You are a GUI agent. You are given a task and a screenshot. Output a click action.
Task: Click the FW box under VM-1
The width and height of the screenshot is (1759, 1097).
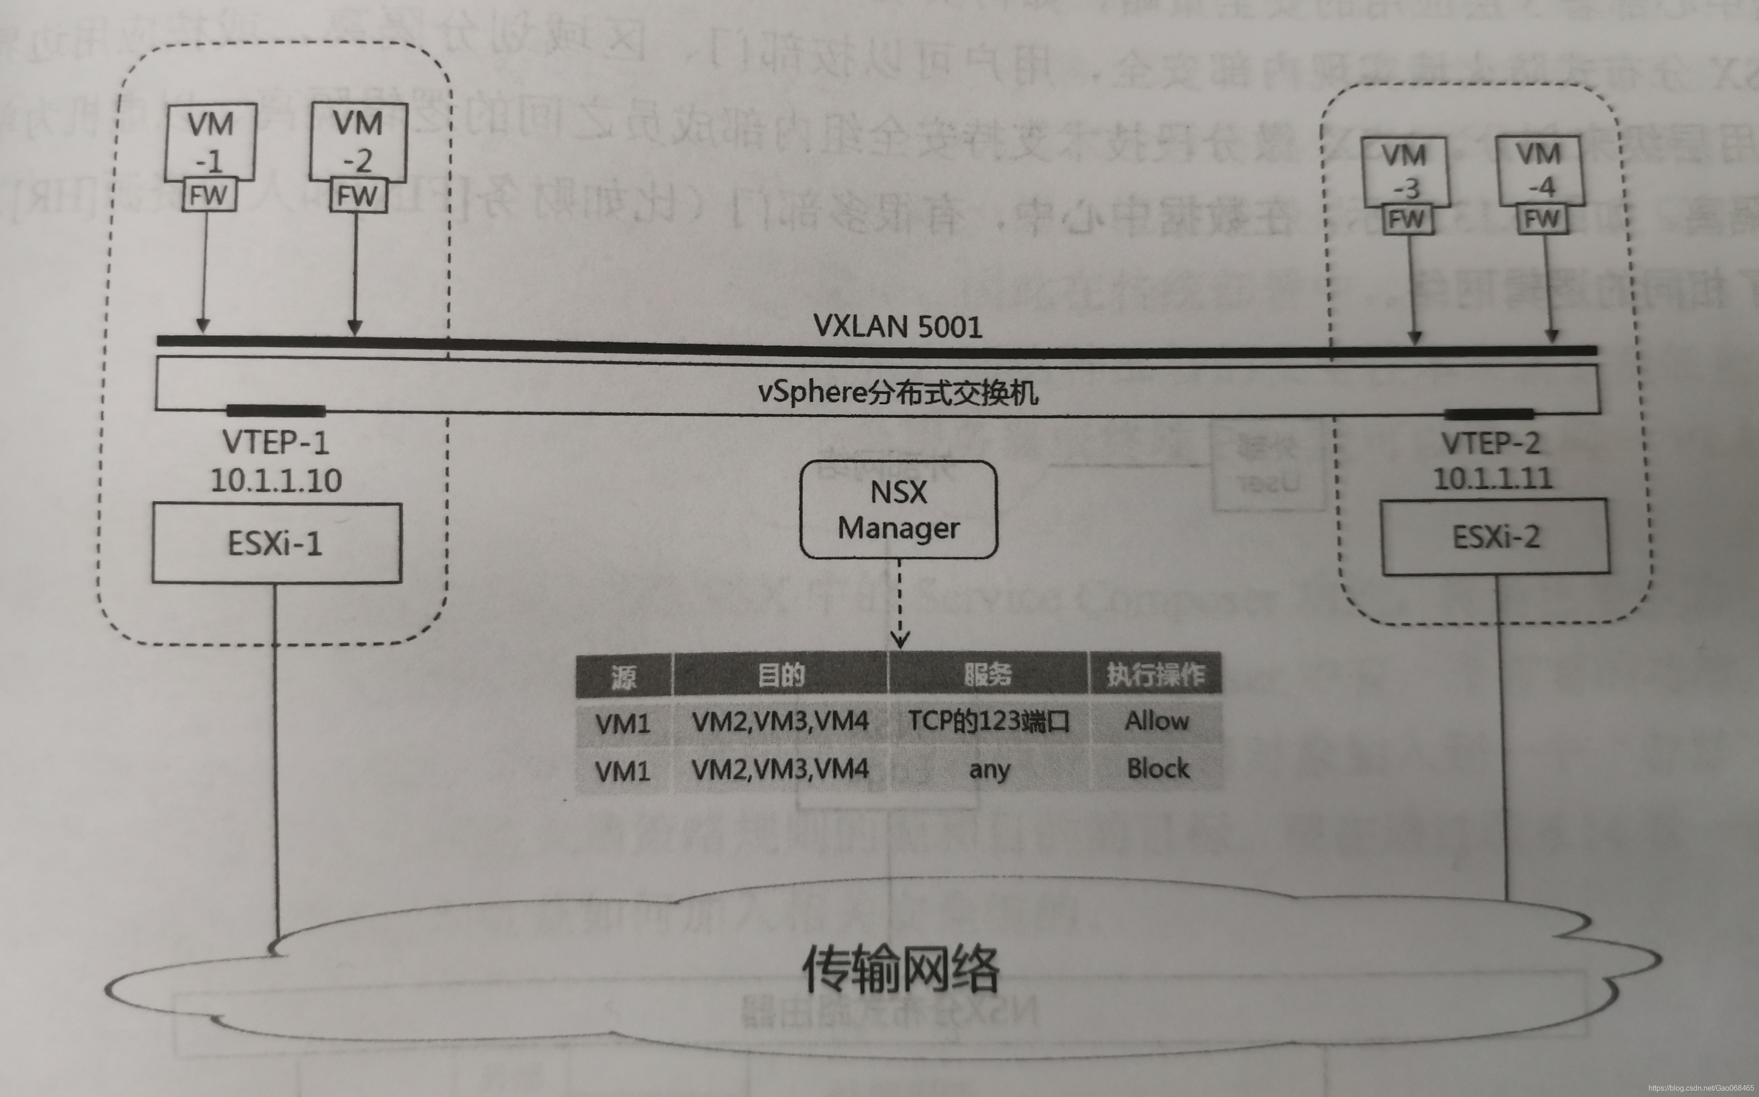(x=209, y=195)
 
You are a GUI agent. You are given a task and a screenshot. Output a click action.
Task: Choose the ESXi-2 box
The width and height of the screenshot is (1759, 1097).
(x=1495, y=537)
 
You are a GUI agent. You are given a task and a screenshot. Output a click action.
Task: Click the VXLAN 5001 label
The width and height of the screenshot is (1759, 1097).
(x=898, y=327)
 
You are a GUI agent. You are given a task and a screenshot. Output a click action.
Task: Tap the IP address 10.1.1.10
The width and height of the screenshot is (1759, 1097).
(x=276, y=480)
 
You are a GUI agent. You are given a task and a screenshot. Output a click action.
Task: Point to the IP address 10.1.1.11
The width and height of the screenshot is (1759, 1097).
(x=1493, y=478)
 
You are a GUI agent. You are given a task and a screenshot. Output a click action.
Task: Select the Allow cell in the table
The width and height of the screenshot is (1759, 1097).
(x=1157, y=721)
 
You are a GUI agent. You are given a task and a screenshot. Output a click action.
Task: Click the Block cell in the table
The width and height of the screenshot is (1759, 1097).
(x=1157, y=768)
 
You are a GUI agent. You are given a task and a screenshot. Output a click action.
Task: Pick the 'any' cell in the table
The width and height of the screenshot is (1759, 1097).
(x=989, y=769)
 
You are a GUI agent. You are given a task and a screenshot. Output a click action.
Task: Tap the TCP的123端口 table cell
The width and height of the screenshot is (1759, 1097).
(x=989, y=722)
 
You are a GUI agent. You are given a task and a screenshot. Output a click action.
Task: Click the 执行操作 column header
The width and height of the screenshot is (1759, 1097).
(x=1155, y=675)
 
